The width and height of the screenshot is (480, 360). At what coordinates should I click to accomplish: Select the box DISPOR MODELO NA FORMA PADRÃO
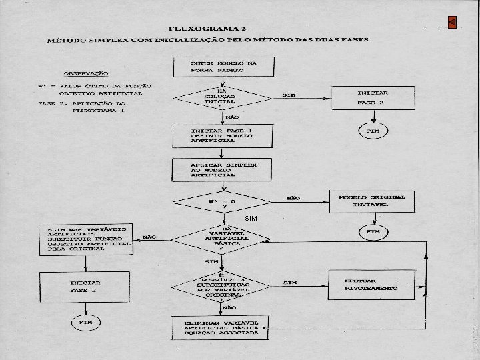click(222, 67)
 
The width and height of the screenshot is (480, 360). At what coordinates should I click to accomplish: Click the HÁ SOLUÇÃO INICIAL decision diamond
click(222, 99)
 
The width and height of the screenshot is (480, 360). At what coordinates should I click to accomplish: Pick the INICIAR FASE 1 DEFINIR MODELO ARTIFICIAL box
click(222, 136)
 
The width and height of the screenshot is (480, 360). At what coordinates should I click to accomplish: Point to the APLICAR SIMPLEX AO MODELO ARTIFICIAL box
click(222, 169)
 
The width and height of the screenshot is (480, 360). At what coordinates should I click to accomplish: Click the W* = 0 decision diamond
click(222, 203)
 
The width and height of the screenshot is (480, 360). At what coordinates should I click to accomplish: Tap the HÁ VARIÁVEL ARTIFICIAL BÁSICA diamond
click(222, 239)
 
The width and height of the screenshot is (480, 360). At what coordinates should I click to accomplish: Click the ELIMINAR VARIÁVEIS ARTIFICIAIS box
click(85, 239)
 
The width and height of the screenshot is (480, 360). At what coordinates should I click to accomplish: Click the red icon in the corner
click(452, 22)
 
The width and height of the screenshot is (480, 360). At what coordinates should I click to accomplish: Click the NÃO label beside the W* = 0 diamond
click(293, 198)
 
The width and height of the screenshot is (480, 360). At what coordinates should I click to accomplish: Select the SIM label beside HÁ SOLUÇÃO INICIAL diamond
click(289, 95)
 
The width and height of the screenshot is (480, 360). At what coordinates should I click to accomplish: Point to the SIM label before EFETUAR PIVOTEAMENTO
click(289, 283)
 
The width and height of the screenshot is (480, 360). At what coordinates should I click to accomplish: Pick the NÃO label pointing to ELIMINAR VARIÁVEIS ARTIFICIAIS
click(149, 236)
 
